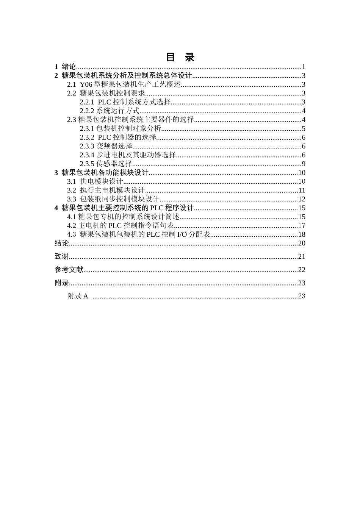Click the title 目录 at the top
[180, 57]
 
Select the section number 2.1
[72, 84]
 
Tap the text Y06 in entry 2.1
[86, 84]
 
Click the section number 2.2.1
[87, 102]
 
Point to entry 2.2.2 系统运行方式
[110, 111]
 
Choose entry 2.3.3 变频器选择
[106, 146]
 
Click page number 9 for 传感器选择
[304, 164]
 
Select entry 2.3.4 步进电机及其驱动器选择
[128, 155]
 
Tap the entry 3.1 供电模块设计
[95, 181]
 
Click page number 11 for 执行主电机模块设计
[302, 190]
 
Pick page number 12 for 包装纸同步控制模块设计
[302, 199]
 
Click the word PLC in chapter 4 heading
[157, 208]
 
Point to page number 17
[302, 226]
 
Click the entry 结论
[62, 243]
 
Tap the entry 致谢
[62, 256]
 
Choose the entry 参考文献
[69, 270]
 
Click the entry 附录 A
[78, 296]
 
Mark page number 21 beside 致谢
[302, 256]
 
